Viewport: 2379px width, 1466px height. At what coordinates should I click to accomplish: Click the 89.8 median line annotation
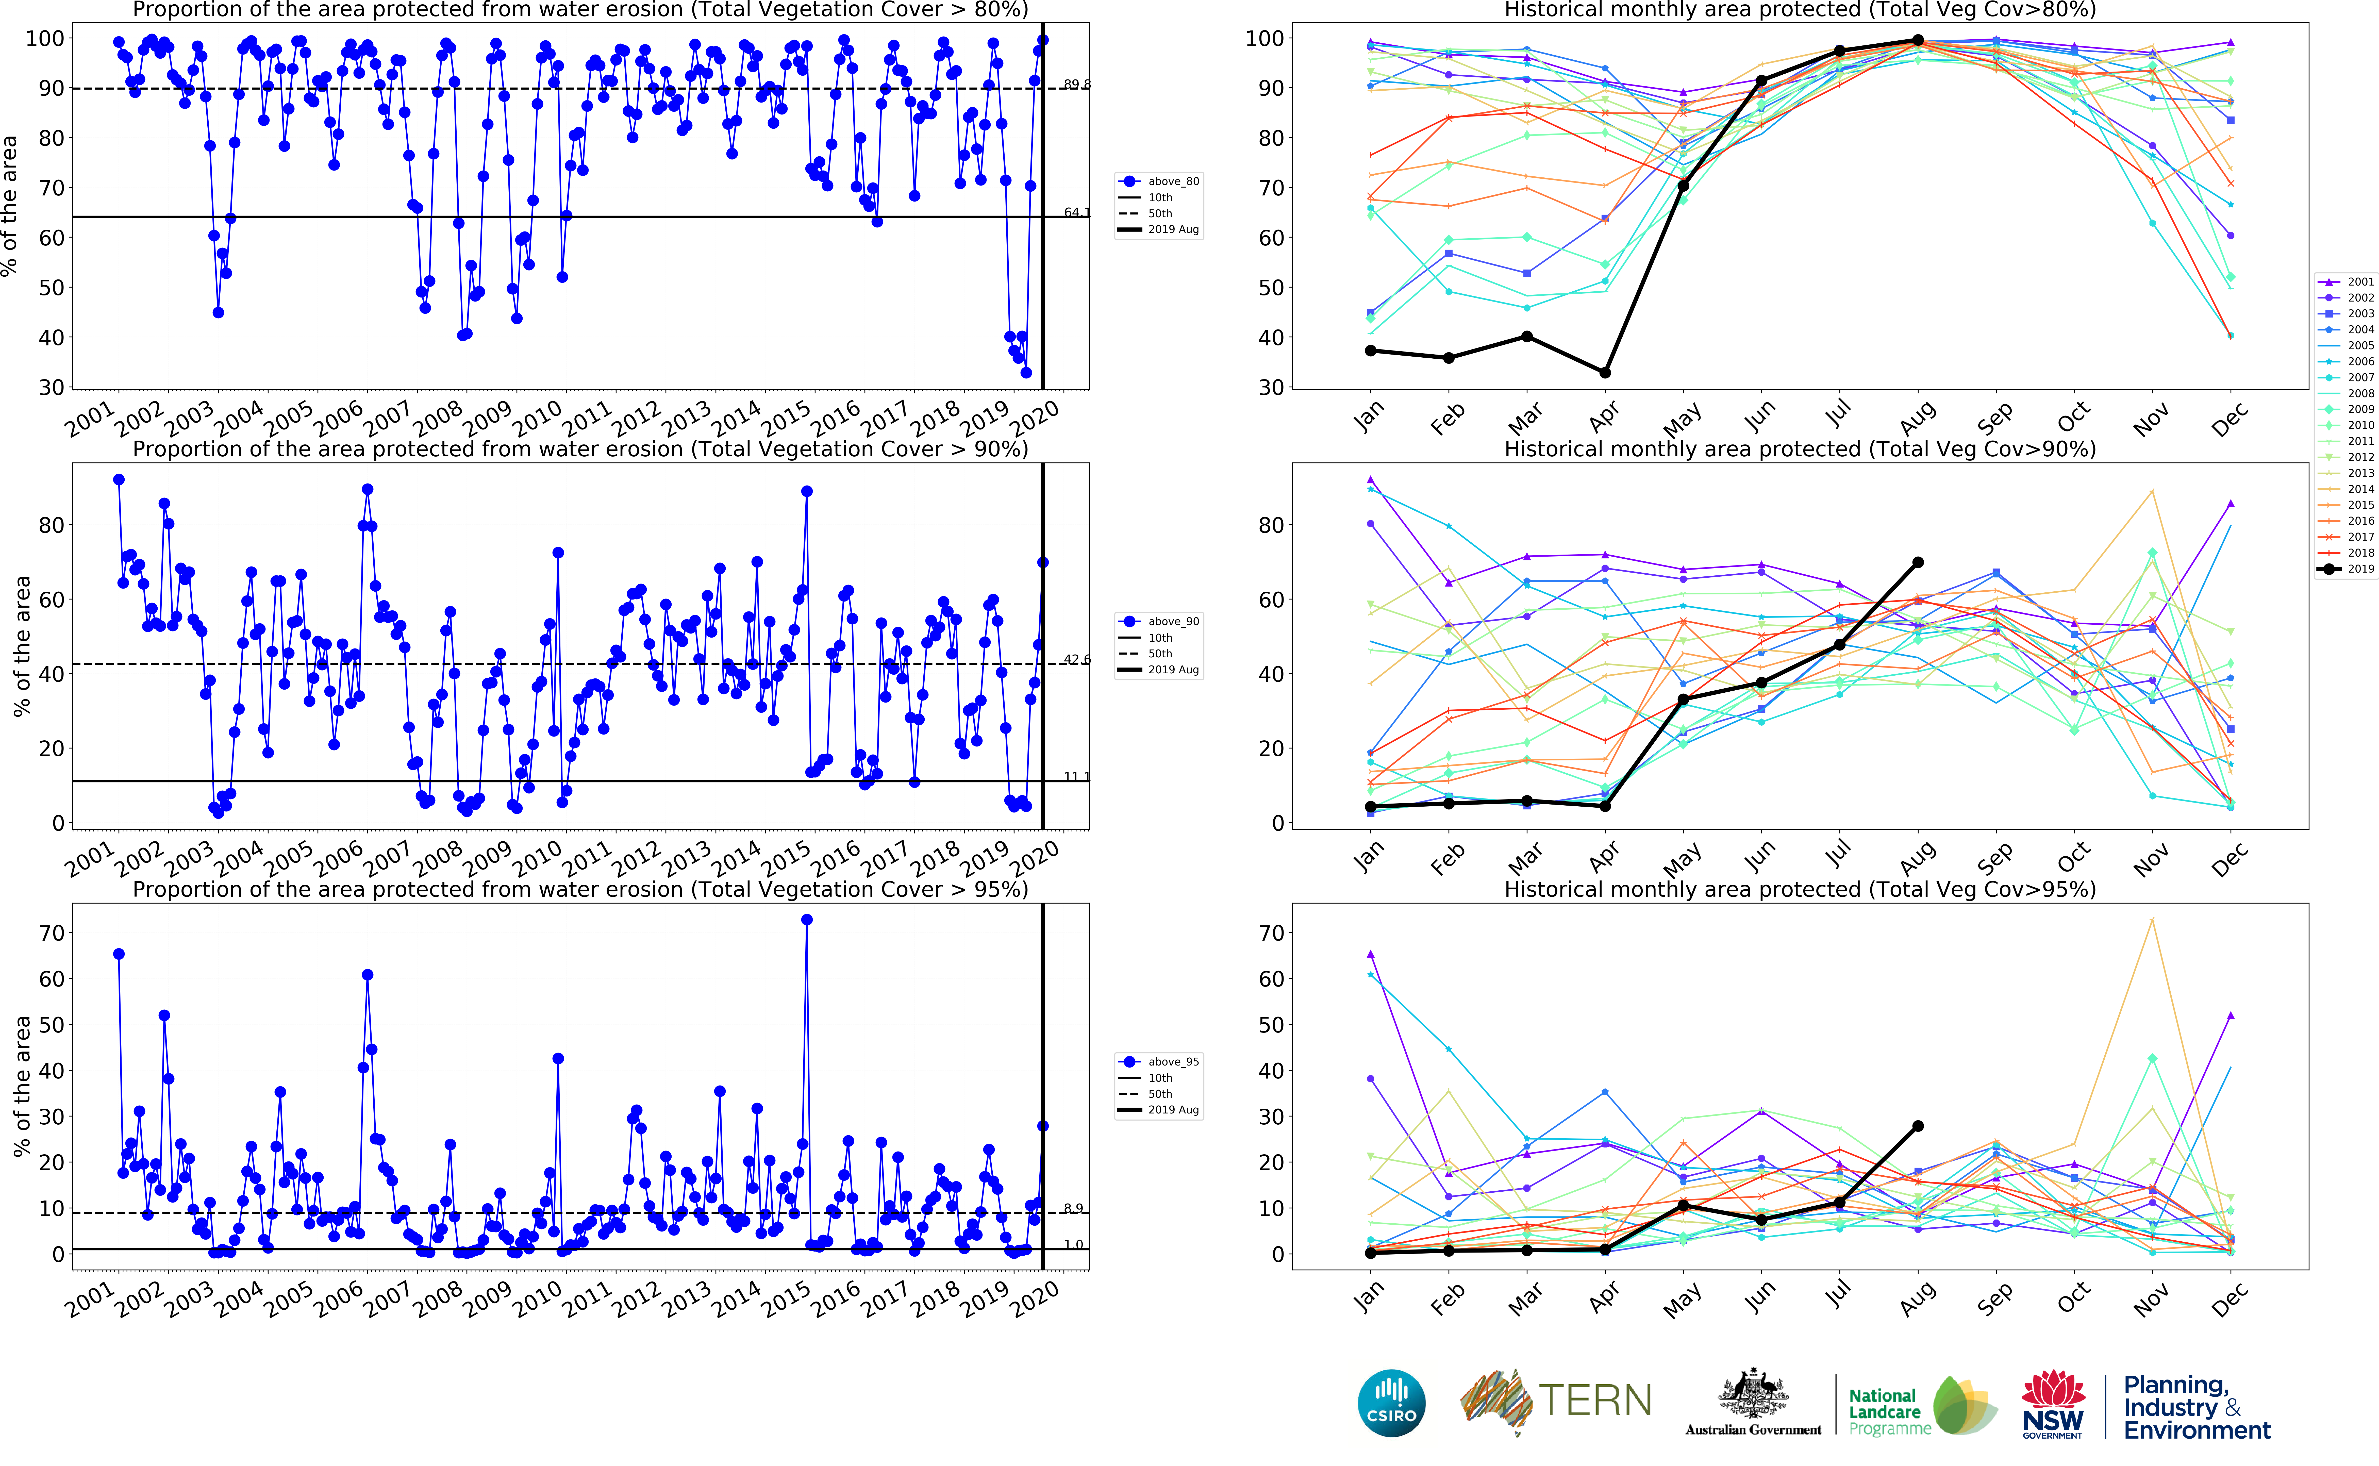[1076, 84]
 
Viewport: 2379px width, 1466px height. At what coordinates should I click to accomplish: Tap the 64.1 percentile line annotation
[1076, 212]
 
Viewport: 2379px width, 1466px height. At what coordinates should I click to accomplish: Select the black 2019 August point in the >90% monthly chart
[1918, 562]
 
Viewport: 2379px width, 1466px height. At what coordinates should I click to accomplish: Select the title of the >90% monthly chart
[1799, 449]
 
